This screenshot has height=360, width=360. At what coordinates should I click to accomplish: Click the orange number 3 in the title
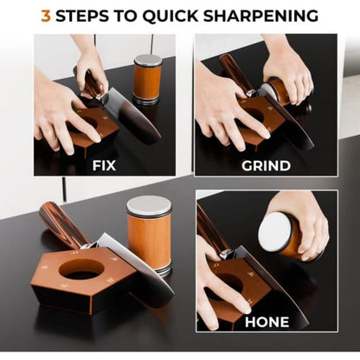click(x=46, y=16)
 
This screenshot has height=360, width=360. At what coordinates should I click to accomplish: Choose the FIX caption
click(x=104, y=164)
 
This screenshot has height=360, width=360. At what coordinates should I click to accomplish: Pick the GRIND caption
click(x=265, y=164)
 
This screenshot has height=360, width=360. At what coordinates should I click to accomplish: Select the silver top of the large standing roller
click(x=149, y=205)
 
